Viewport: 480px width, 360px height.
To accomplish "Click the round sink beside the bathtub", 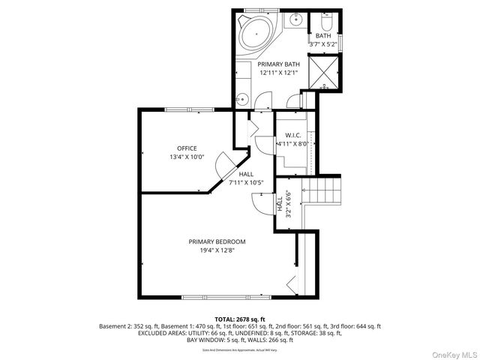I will tap(296, 19).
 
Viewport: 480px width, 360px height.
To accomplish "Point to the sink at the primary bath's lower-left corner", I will tap(242, 98).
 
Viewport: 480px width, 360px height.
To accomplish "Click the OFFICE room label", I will tap(187, 148).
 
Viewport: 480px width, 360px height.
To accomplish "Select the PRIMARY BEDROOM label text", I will tap(217, 241).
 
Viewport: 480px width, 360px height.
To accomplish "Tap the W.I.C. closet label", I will tap(292, 136).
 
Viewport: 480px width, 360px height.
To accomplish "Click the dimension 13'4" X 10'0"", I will tap(187, 157).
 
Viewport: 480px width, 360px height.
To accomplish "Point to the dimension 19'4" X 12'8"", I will tap(217, 251).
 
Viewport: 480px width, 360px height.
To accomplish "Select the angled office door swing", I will tap(225, 164).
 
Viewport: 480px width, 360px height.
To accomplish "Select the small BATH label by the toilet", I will tap(322, 36).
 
